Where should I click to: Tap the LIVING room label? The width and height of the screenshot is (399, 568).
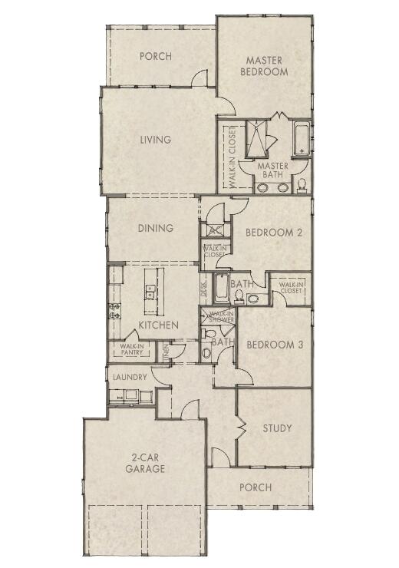(x=155, y=140)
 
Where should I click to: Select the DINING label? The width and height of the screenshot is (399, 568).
(x=155, y=228)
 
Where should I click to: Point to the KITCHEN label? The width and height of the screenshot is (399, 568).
(x=159, y=325)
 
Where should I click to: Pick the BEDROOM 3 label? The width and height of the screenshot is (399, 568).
(x=274, y=345)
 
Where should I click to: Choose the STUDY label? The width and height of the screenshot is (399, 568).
(x=277, y=428)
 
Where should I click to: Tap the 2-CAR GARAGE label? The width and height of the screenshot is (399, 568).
(x=144, y=463)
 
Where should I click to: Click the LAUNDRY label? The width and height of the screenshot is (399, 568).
(x=130, y=378)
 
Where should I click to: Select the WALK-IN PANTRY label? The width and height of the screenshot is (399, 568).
(x=127, y=350)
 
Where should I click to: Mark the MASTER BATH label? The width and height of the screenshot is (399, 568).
(x=272, y=170)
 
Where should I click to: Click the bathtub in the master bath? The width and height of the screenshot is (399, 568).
(x=301, y=138)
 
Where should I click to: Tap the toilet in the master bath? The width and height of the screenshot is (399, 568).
(x=302, y=184)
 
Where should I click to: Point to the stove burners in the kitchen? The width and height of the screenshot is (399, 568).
(x=115, y=311)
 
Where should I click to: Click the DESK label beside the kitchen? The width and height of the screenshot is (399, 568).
(x=204, y=289)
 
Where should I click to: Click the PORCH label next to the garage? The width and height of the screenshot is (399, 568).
(x=256, y=487)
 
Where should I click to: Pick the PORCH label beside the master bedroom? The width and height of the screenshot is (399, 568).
(x=155, y=56)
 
